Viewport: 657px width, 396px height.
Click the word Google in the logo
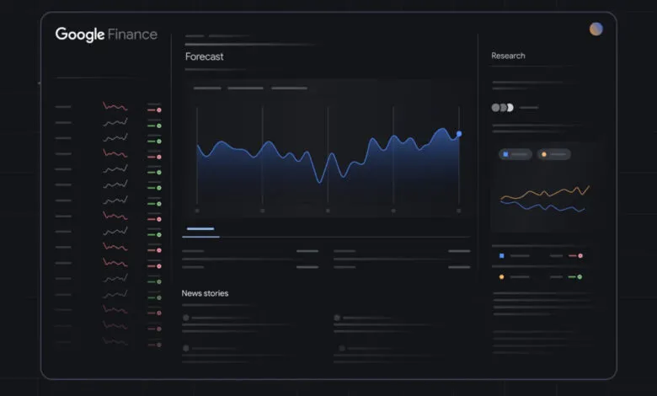[x=80, y=35]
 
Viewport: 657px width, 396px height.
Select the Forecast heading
[x=205, y=56]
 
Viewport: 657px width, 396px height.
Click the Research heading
[x=508, y=56]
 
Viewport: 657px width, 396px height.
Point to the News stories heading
[x=205, y=293]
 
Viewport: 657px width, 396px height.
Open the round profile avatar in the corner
[x=596, y=29]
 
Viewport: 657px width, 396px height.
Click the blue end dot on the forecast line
[x=459, y=134]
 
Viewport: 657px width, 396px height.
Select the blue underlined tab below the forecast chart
[x=200, y=229]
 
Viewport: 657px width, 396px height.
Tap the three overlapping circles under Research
[x=502, y=108]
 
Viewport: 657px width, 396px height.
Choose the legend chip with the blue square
[x=515, y=154]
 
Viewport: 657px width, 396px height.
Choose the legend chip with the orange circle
[x=553, y=154]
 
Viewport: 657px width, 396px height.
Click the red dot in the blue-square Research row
[x=580, y=255]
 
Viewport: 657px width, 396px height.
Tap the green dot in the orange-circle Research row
[x=580, y=276]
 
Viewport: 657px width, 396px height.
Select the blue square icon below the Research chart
[x=501, y=255]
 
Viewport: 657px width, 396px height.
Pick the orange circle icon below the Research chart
[x=501, y=276]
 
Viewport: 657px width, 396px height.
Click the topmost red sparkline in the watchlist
[x=115, y=107]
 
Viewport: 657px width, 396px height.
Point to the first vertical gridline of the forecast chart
[x=197, y=160]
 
